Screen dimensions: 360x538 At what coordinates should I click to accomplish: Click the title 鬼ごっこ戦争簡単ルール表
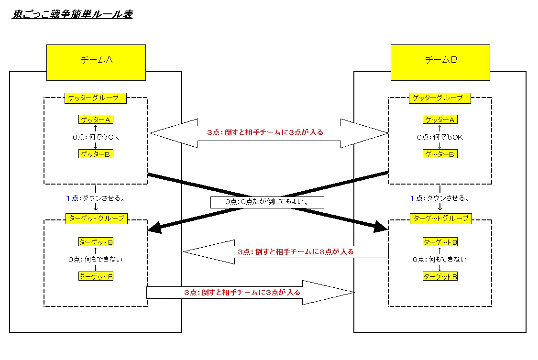(72, 15)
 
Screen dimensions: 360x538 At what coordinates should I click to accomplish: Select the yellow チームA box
(96, 62)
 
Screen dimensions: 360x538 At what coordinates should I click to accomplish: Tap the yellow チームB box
(440, 62)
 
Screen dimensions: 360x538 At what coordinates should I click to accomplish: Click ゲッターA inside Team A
(96, 120)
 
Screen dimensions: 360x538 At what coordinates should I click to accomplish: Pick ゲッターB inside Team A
(96, 154)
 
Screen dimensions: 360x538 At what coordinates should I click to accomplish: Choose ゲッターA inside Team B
(440, 120)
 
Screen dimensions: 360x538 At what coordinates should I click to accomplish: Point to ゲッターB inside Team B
(440, 154)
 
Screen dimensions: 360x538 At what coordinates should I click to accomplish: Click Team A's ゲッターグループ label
(96, 98)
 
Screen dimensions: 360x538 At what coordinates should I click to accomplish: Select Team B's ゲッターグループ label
(440, 98)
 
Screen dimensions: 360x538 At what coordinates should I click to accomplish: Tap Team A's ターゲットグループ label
(96, 219)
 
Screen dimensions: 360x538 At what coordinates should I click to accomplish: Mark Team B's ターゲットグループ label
(440, 219)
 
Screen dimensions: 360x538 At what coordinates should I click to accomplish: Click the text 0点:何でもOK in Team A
(96, 137)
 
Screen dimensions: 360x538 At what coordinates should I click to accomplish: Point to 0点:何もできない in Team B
(440, 260)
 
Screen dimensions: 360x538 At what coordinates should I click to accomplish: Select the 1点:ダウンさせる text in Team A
(96, 198)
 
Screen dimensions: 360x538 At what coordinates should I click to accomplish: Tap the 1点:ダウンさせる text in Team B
(440, 198)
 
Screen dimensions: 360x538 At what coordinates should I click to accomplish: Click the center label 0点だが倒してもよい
(267, 202)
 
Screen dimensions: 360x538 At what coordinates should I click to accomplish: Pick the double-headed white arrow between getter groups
(268, 132)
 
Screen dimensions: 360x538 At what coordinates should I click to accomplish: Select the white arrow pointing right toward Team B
(249, 292)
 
